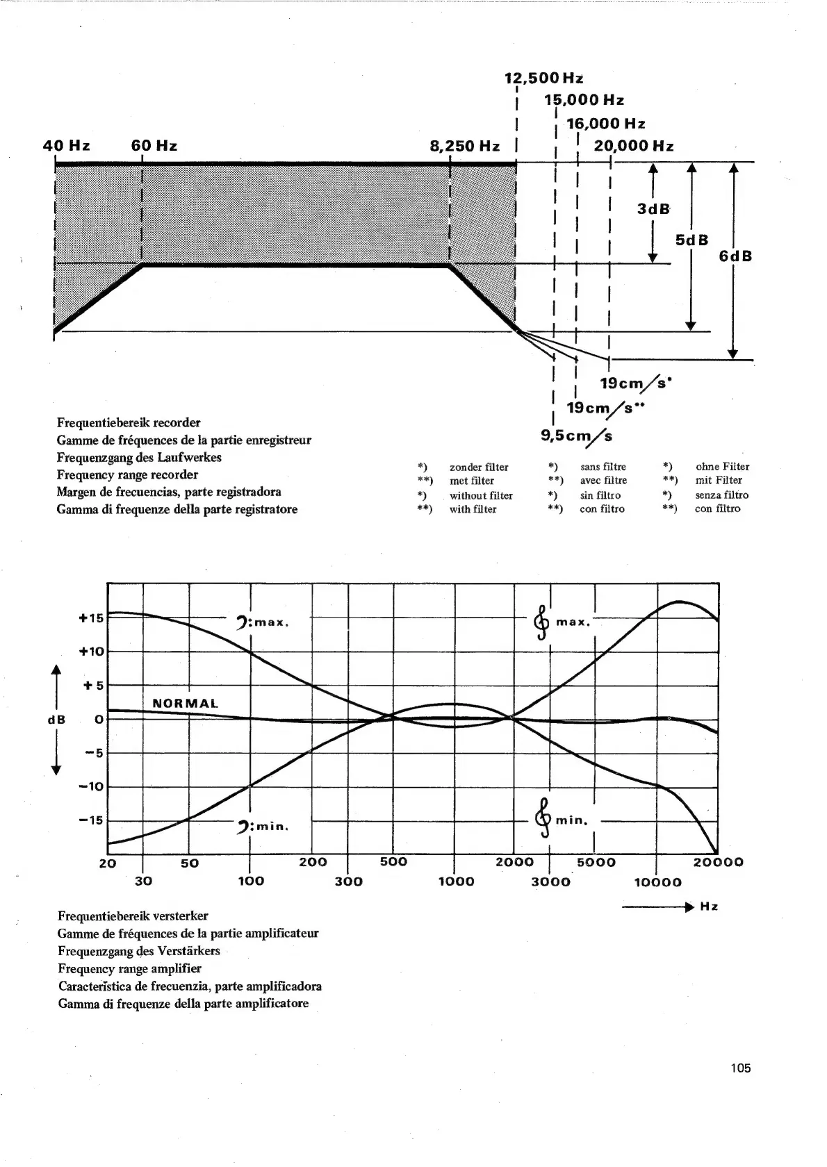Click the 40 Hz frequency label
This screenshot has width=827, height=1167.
66,146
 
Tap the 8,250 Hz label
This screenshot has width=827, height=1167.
465,146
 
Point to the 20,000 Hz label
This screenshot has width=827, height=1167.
633,146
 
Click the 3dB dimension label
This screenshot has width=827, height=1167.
653,209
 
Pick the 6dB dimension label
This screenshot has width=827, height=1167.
735,256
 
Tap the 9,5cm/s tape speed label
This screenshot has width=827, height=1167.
577,436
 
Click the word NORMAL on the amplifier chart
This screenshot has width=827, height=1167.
185,703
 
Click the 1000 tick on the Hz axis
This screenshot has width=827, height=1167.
456,882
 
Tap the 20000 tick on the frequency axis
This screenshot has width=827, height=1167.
718,862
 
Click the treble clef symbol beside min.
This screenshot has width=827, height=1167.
543,811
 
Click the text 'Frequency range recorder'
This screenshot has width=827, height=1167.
127,474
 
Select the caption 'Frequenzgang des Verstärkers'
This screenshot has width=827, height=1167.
139,950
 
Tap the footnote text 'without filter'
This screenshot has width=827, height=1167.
481,495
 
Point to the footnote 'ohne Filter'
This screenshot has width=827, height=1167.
722,467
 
